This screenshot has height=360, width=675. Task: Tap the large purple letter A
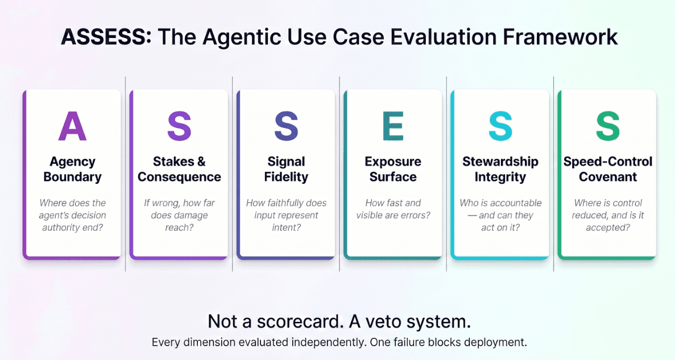tap(72, 126)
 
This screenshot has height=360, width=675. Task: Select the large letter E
tap(393, 126)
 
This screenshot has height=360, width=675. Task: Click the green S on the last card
tap(607, 126)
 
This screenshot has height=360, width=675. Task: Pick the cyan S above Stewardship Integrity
tap(500, 126)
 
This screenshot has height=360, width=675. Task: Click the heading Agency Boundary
tap(72, 169)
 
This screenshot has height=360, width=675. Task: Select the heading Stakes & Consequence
tap(179, 169)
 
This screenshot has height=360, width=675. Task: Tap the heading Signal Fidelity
tap(286, 169)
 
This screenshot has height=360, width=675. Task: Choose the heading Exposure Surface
tap(393, 169)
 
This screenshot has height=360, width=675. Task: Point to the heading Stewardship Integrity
tap(500, 169)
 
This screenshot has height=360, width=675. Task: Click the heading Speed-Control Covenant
tap(607, 169)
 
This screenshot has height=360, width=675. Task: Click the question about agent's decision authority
tap(72, 215)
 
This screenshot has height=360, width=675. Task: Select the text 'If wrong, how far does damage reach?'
tap(179, 215)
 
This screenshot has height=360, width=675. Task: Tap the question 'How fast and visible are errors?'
tap(393, 209)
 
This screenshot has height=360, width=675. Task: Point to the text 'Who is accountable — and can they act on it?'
tap(500, 215)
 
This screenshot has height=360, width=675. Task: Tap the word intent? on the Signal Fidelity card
tap(286, 227)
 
